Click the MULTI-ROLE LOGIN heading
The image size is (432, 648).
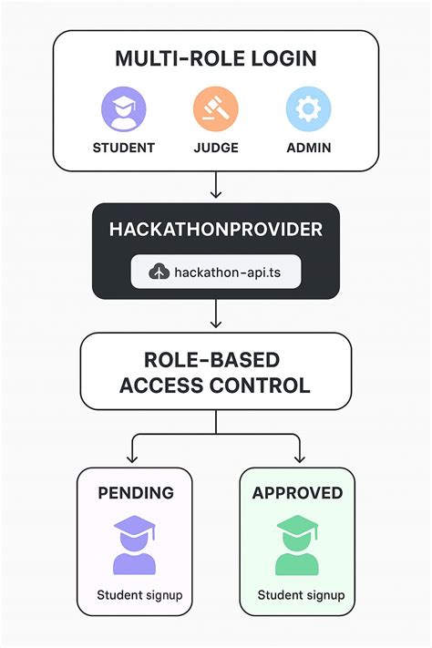(x=215, y=59)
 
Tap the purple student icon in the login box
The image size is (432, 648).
(x=123, y=110)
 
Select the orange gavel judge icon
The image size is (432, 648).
(x=216, y=110)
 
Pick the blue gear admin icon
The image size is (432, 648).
(x=307, y=110)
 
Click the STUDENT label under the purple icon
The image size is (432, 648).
(x=124, y=148)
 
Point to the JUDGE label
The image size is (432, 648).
(x=216, y=148)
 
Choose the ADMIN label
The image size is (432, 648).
(x=307, y=148)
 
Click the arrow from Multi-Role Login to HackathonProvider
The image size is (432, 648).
(x=216, y=186)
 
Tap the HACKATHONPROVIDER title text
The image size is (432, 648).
(x=216, y=230)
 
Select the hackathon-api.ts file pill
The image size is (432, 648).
(x=216, y=271)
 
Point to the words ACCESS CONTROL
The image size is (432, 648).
(x=216, y=386)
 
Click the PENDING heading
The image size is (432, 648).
(x=135, y=493)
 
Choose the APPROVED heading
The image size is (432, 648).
(x=297, y=493)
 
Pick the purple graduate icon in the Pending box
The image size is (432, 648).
(x=134, y=544)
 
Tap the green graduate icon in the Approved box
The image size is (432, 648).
(x=297, y=544)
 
